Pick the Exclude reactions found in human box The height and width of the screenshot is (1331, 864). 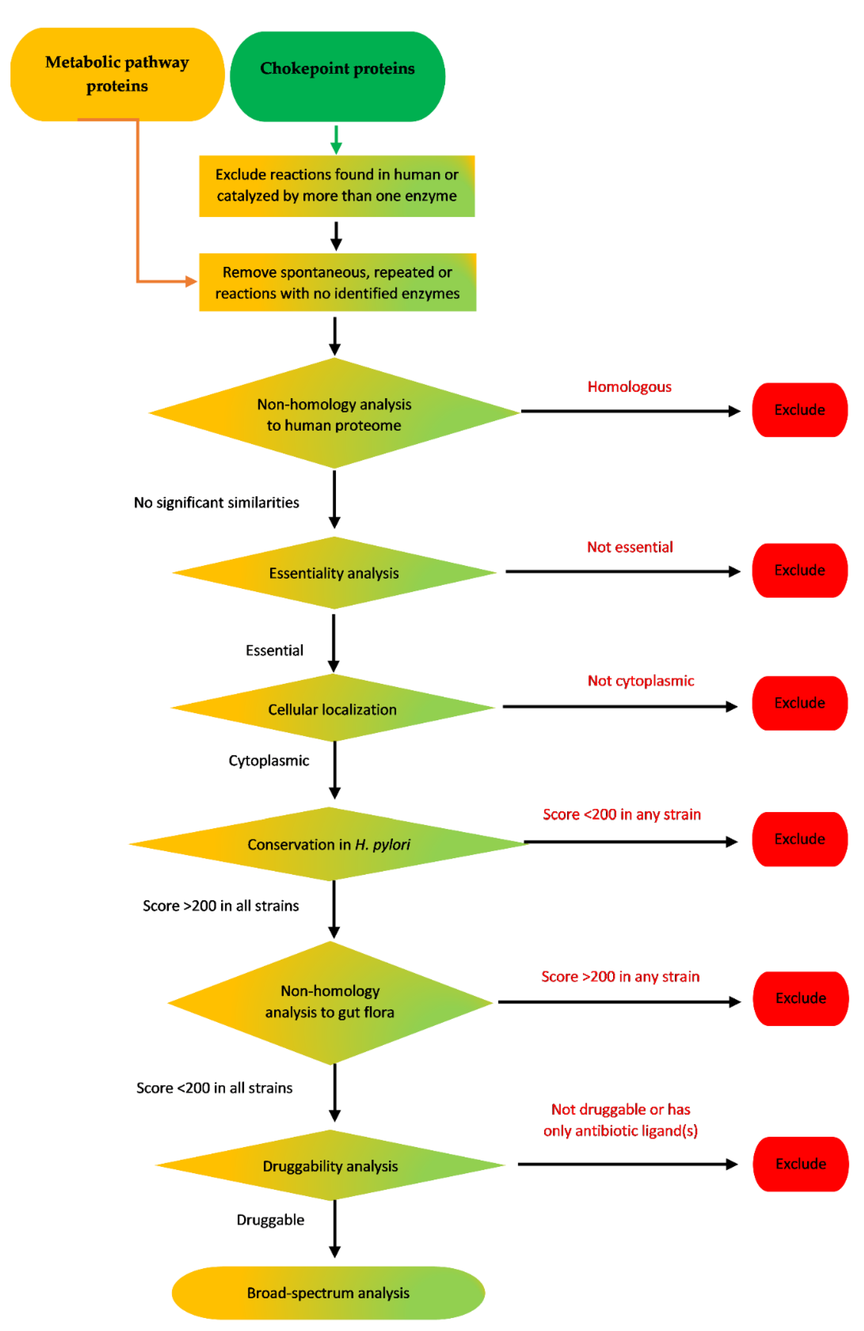tap(337, 186)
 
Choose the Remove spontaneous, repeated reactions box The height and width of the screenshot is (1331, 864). tap(337, 282)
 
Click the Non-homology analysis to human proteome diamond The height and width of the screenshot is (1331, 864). tap(334, 414)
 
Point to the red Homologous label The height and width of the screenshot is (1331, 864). tap(629, 387)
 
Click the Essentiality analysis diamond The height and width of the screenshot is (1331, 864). tap(334, 573)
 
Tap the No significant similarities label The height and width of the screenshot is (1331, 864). tap(216, 502)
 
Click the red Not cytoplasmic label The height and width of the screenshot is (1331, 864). tap(640, 680)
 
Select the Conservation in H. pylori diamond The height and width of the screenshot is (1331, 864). tap(329, 844)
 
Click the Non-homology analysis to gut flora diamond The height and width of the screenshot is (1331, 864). tap(330, 1002)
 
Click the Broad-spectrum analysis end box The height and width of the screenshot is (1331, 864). tap(328, 1292)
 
